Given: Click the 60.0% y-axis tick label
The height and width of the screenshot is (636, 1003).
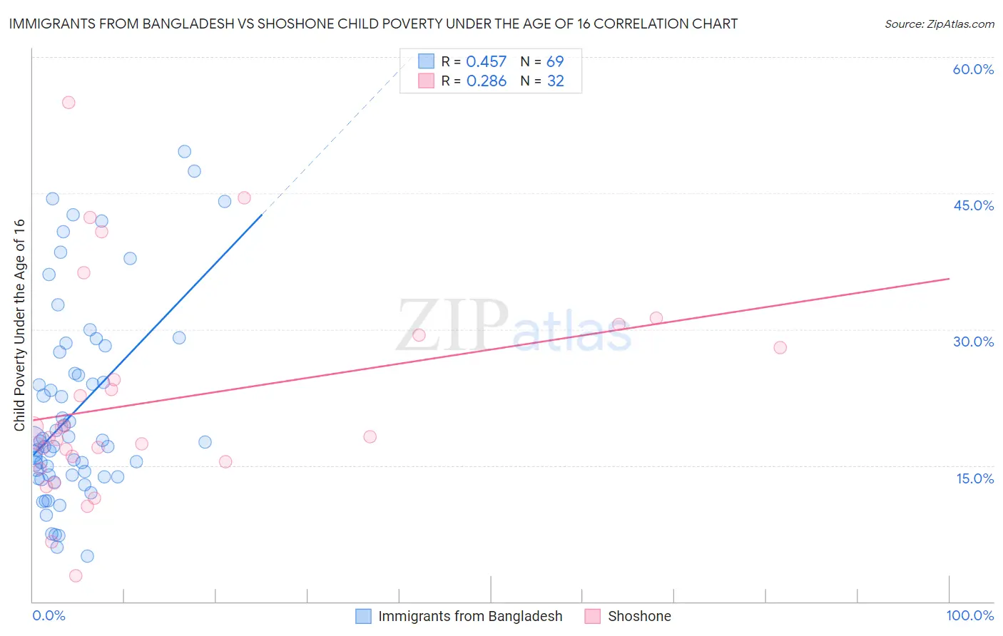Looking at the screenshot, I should tap(973, 69).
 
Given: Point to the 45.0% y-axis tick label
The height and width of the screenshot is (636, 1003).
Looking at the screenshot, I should tap(973, 205).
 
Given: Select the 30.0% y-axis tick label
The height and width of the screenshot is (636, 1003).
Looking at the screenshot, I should tap(973, 342).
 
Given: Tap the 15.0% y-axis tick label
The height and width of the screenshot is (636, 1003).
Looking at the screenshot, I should tap(974, 478).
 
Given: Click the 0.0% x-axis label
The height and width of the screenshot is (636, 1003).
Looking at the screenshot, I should tap(49, 615).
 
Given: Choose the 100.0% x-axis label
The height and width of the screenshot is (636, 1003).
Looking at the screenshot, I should tap(969, 615).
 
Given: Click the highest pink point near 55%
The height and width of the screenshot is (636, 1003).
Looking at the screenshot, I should tap(68, 102).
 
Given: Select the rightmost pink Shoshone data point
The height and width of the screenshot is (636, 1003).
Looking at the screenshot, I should tap(780, 347).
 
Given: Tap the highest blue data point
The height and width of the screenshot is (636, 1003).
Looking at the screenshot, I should tap(184, 151).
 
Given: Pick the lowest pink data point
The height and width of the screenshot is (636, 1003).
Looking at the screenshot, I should tap(76, 575).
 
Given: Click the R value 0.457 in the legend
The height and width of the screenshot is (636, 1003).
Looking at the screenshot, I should tap(486, 62).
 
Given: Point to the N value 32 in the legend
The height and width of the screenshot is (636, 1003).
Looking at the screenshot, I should tap(555, 81).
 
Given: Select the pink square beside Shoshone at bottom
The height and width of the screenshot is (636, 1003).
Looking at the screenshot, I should tap(593, 616).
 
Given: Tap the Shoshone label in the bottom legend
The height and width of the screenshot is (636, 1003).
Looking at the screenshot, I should tap(639, 616).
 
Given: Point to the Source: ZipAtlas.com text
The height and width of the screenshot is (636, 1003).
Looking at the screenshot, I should tap(939, 24).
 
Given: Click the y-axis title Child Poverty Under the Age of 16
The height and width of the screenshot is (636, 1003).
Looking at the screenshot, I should tap(19, 324).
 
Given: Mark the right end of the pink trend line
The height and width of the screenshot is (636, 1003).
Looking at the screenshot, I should tap(949, 278).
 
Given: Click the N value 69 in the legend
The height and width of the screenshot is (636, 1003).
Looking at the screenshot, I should tap(554, 62).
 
